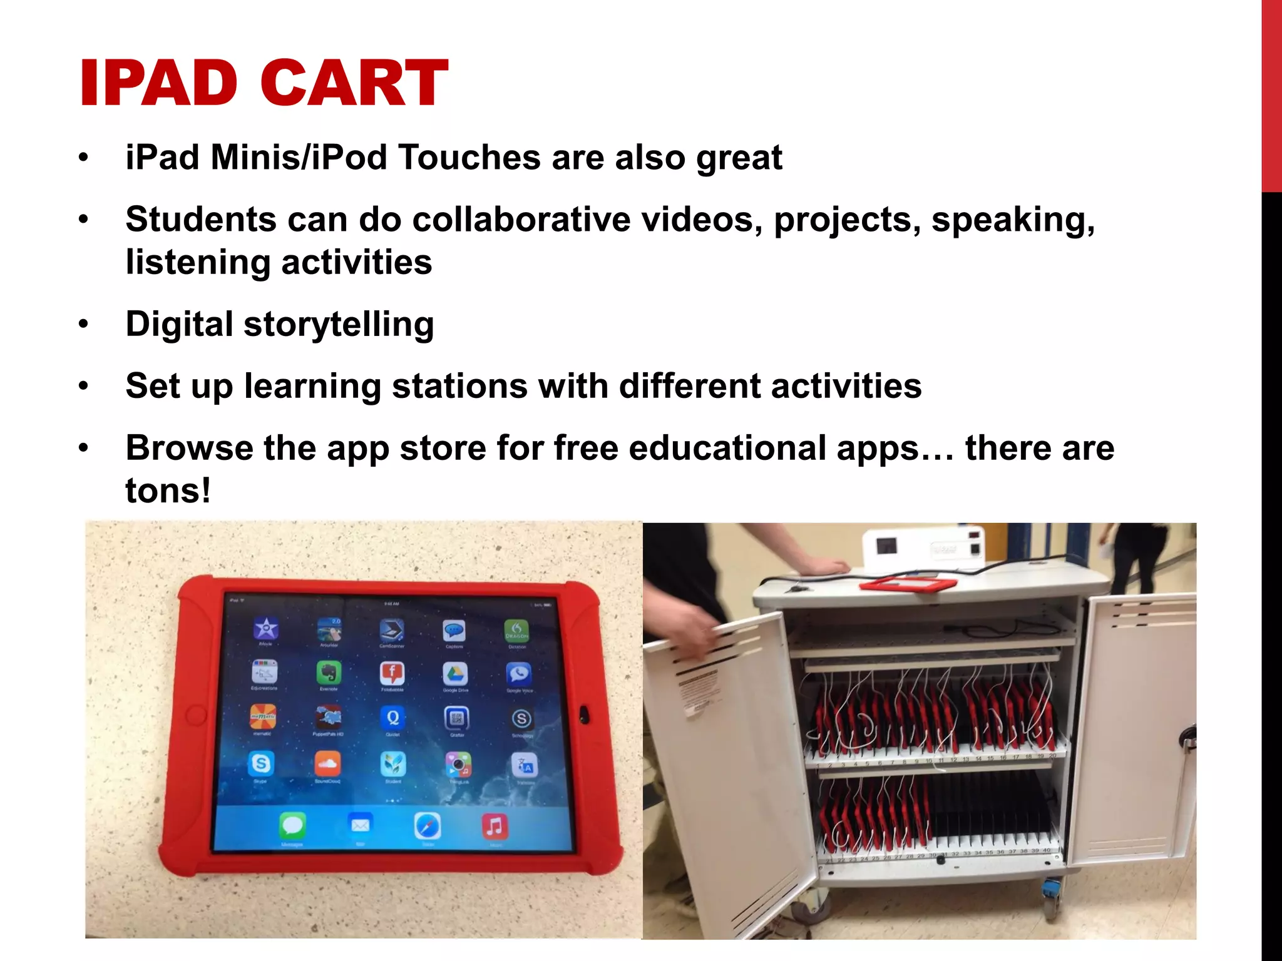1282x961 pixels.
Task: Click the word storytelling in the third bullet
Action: [x=339, y=325]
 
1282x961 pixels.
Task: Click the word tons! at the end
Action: [x=168, y=491]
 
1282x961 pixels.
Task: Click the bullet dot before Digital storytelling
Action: [x=84, y=325]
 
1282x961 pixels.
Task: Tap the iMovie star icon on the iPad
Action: [x=265, y=628]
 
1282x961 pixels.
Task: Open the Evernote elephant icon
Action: [x=329, y=673]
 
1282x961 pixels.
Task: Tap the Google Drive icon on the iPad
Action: [x=455, y=674]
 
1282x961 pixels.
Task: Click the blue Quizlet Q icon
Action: [x=392, y=718]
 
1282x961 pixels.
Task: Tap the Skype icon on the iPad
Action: [x=260, y=763]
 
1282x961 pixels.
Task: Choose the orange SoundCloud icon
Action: [x=327, y=763]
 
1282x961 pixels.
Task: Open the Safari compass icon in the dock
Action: [x=428, y=826]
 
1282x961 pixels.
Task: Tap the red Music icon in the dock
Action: [x=495, y=826]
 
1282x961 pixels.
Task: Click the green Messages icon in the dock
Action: [x=292, y=826]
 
